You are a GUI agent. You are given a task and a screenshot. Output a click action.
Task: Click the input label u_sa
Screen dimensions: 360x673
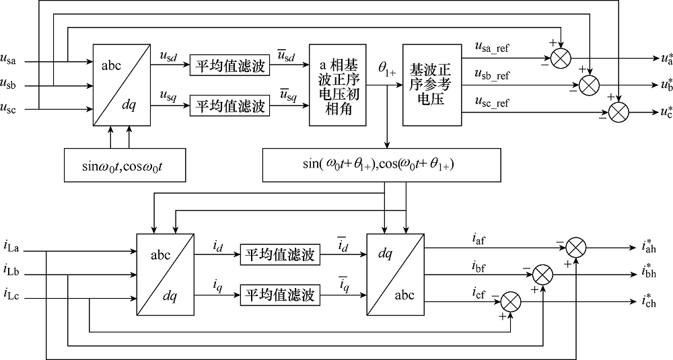[x=11, y=62]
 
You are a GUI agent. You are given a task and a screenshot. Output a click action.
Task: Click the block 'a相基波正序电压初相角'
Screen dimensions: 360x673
[x=337, y=85]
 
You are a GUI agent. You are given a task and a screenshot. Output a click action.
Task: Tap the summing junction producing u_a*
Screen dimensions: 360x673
[x=560, y=59]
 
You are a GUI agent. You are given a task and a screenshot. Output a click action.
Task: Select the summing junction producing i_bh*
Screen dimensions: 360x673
[x=542, y=275]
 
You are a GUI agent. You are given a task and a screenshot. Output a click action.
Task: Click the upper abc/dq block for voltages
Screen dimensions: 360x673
[x=118, y=85]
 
